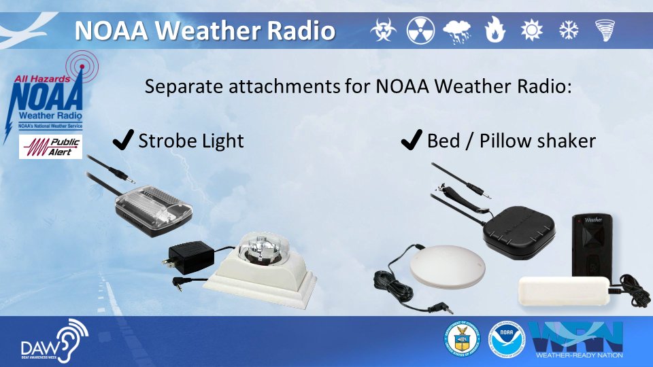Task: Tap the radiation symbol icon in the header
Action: [x=420, y=30]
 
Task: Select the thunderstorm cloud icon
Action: [x=456, y=31]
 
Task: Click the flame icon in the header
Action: [x=494, y=30]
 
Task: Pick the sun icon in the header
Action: [x=530, y=30]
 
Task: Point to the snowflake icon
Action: [x=567, y=30]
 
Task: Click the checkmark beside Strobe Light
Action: [x=122, y=140]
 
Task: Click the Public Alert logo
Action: [x=50, y=147]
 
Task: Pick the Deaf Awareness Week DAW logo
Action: [x=55, y=340]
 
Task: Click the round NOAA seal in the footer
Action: [x=504, y=339]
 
